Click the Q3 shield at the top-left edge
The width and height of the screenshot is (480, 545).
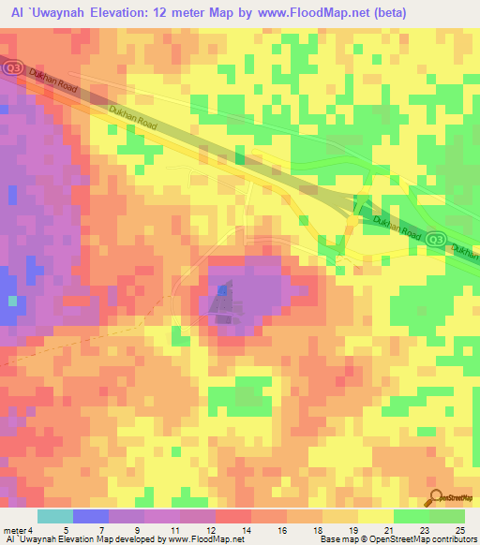click(x=13, y=67)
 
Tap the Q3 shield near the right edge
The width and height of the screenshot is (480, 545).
click(x=435, y=240)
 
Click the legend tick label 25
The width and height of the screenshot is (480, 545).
click(x=459, y=531)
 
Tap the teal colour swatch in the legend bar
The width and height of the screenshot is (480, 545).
click(x=55, y=516)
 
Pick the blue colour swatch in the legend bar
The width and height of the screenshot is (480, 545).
click(x=91, y=516)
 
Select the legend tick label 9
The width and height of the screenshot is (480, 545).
click(x=136, y=531)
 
